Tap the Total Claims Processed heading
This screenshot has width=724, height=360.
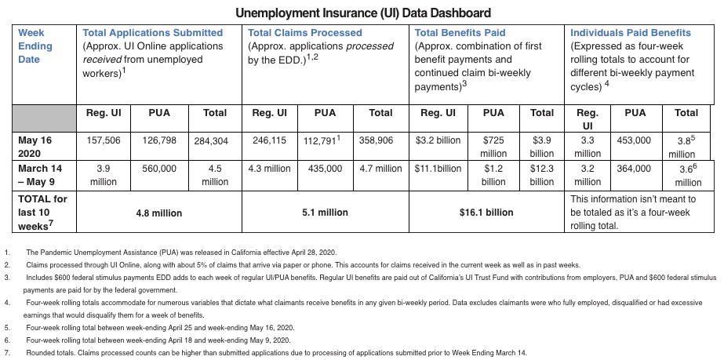click(x=305, y=33)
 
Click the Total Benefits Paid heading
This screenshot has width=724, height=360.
click(x=460, y=33)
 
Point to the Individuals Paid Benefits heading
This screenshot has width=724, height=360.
click(x=631, y=33)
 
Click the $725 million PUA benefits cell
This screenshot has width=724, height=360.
click(x=493, y=146)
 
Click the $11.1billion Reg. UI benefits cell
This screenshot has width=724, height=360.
click(x=438, y=169)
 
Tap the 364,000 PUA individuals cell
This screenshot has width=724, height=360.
click(x=634, y=169)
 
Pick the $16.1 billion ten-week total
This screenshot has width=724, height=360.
click(x=487, y=213)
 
